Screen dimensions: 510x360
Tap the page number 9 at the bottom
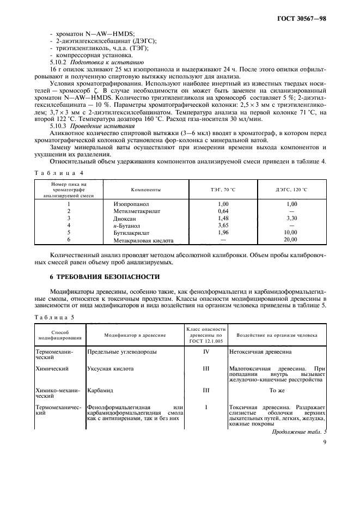(x=324, y=450)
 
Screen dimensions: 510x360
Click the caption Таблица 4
(x=58, y=173)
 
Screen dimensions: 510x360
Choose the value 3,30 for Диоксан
(x=290, y=218)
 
